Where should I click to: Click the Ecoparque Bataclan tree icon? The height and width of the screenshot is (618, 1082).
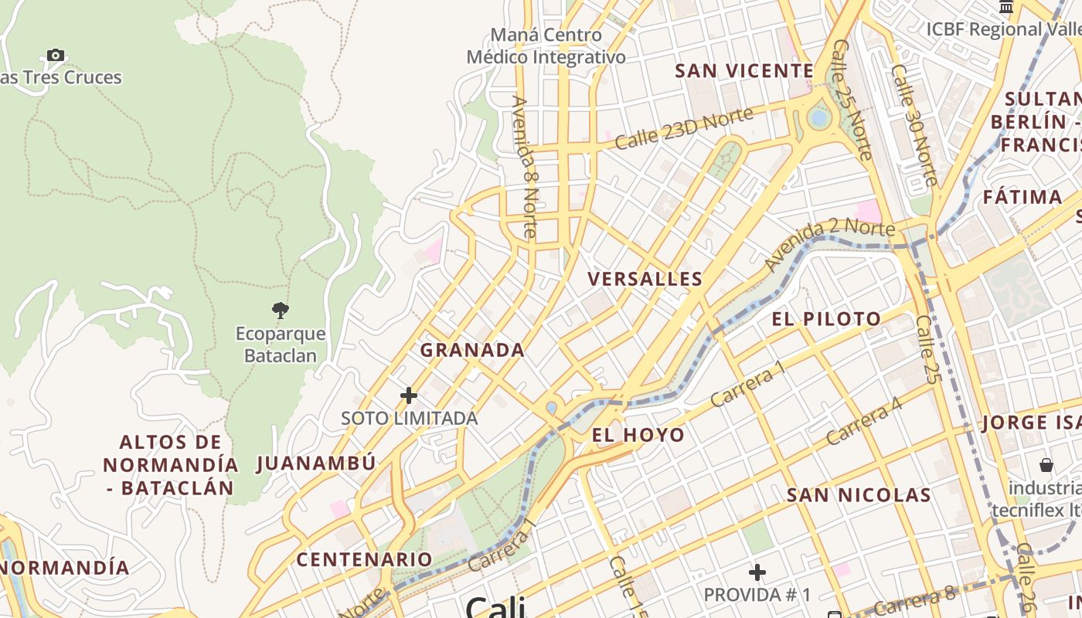click(281, 311)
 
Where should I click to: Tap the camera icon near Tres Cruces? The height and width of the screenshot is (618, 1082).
click(55, 55)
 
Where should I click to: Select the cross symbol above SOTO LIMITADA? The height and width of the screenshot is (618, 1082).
click(409, 396)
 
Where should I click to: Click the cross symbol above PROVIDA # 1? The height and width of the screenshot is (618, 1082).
click(757, 572)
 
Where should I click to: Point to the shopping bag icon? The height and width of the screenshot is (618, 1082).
click(1046, 465)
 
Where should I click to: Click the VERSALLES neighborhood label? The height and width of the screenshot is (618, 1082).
click(645, 279)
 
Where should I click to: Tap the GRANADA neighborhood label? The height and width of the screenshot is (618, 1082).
click(472, 350)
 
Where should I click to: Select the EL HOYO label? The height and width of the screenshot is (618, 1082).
click(638, 435)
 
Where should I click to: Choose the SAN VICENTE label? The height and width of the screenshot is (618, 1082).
click(744, 71)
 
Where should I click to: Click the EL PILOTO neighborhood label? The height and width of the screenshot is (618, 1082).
click(826, 319)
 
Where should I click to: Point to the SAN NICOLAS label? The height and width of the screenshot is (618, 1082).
click(859, 494)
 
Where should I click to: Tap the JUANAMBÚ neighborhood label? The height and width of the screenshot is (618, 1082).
click(316, 463)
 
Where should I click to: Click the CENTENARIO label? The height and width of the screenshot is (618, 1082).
click(365, 559)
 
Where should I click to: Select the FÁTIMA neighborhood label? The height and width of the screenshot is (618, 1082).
click(1022, 197)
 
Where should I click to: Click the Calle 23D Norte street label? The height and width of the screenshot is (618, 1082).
click(684, 128)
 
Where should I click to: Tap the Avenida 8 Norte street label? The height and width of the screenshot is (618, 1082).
click(524, 165)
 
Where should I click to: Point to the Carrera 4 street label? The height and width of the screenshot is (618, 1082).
click(863, 421)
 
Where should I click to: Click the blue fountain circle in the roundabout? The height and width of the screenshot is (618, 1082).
click(818, 118)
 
